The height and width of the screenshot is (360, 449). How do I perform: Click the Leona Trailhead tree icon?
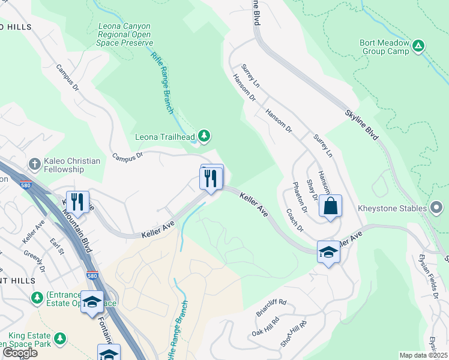pos(205,136)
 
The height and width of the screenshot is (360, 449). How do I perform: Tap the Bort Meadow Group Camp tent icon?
pos(419,45)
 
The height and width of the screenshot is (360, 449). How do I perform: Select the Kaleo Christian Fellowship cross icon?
pos(35,163)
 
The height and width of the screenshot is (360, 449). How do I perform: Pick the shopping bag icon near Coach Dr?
pos(330,206)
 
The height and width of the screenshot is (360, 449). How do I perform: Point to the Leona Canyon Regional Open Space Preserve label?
pos(126,35)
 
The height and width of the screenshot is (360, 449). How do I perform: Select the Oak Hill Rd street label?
pos(265,329)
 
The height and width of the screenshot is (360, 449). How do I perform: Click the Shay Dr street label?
pos(312,190)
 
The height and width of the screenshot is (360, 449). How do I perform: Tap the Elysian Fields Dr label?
pos(431,276)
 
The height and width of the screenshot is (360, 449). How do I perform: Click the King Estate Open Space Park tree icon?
pos(59,340)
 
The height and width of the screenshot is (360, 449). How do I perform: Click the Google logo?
pos(20,353)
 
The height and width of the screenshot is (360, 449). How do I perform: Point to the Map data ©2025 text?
pos(423,355)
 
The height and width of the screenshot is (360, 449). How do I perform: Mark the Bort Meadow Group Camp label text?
pos(384,47)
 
